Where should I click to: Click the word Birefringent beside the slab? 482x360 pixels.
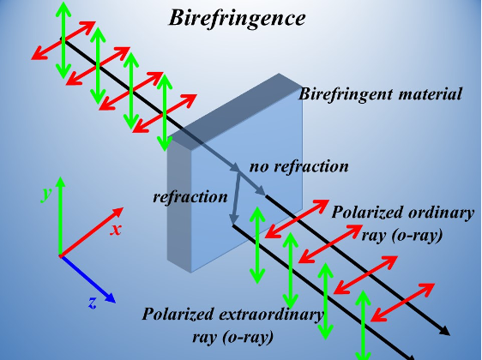(346, 94)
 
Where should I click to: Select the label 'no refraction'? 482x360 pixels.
(298, 166)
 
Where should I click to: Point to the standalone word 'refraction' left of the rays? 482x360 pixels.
(190, 196)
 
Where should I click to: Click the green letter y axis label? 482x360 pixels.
(45, 194)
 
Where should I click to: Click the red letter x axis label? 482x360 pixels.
(116, 230)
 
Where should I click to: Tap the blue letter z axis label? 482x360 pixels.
(93, 303)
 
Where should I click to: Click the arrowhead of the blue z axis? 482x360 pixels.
(110, 297)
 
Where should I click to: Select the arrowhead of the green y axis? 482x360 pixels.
(61, 181)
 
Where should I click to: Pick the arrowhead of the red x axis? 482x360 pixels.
(117, 212)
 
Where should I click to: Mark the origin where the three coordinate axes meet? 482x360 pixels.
(61, 256)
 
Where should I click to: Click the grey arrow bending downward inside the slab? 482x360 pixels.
(236, 199)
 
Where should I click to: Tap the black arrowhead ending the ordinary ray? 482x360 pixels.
(444, 331)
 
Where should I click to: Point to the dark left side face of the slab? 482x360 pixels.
(179, 204)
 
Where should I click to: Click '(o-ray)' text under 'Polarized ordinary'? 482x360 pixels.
(402, 236)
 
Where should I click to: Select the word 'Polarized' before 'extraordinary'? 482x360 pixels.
(178, 314)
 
